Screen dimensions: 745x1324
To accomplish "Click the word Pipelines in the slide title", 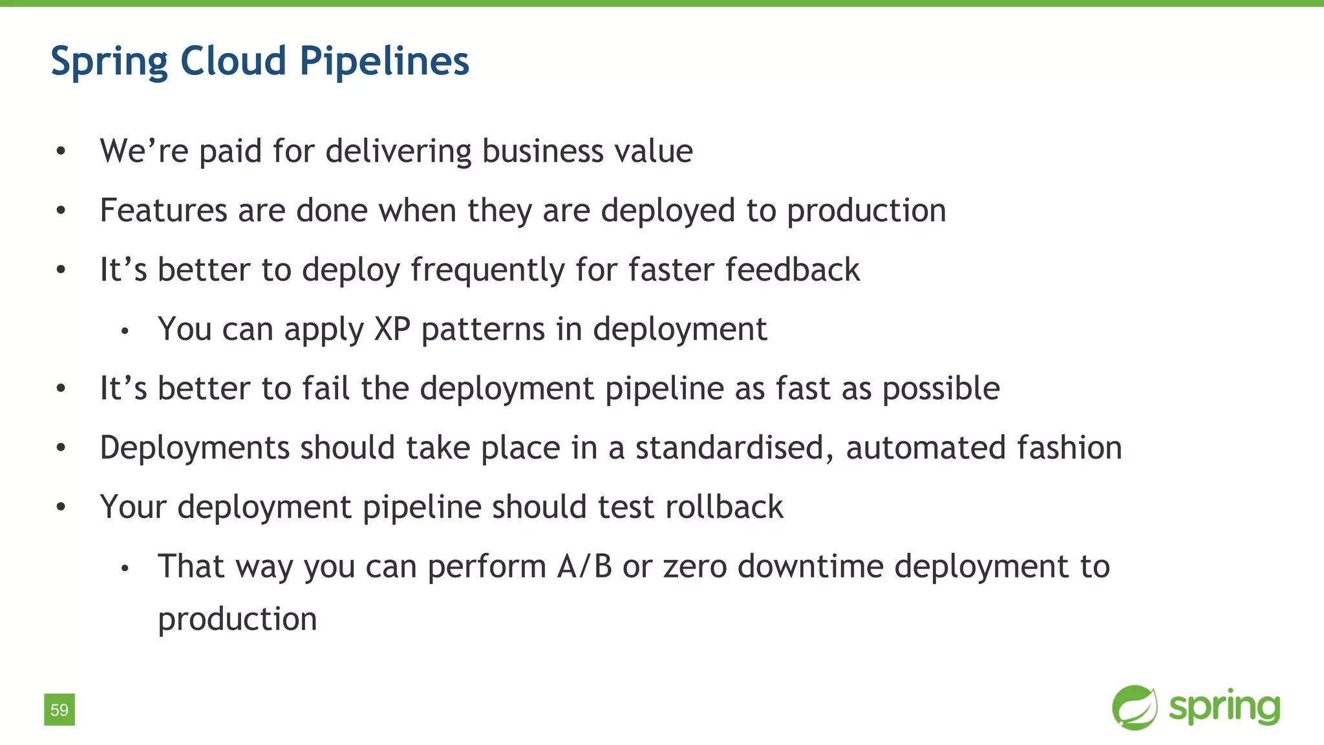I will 384,62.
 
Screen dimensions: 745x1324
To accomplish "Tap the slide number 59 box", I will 59,709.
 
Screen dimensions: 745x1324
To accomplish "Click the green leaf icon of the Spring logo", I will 1135,707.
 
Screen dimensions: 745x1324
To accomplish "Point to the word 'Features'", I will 164,211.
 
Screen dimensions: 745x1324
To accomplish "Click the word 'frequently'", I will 487,270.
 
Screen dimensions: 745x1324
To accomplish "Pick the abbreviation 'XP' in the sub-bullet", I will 392,329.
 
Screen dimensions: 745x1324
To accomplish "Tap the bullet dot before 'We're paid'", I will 61,152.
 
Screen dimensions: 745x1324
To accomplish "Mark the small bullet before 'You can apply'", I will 125,332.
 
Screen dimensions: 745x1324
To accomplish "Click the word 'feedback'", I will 793,270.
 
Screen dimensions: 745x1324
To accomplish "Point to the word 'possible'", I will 941,389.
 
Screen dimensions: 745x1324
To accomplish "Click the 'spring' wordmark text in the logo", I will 1224,707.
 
